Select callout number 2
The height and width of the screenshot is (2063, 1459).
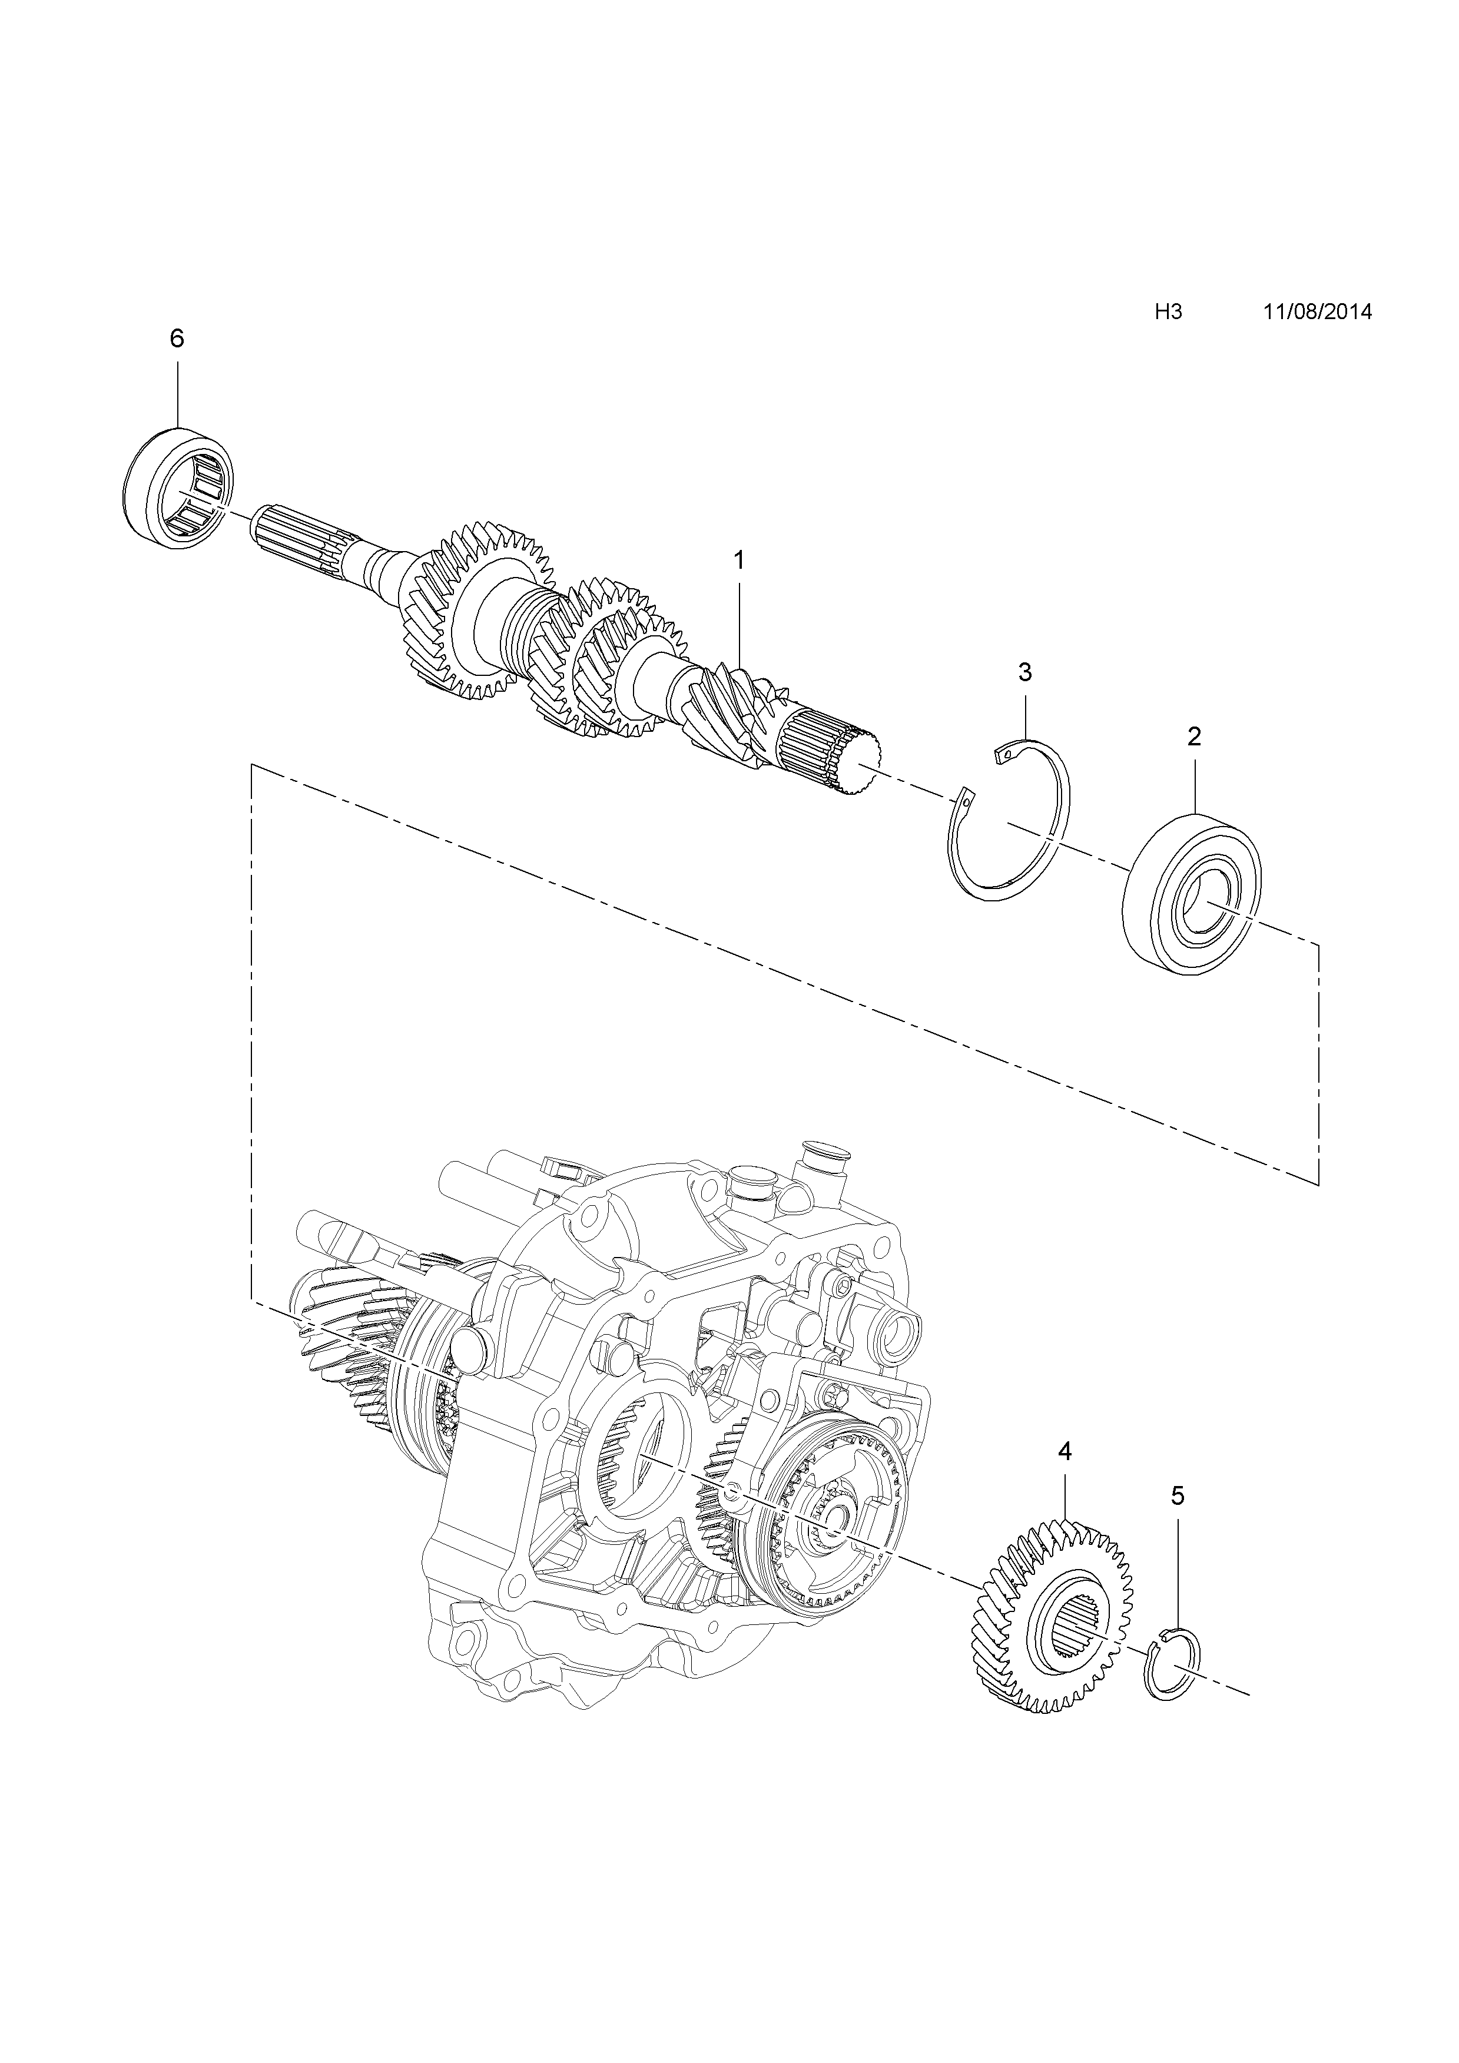coord(1194,737)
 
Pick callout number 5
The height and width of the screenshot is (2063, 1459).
coord(1178,1496)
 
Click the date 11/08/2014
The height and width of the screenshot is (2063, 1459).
coord(1317,312)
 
